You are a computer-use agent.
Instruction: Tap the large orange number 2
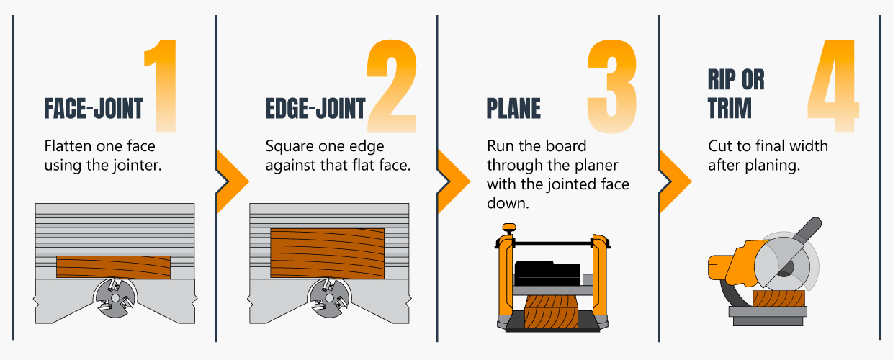click(392, 86)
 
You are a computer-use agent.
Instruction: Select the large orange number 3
click(612, 86)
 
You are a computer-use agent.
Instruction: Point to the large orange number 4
click(833, 86)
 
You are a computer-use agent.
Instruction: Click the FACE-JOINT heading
click(94, 109)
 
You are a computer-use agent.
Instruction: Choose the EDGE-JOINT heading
click(315, 109)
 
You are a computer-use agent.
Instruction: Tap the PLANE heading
click(513, 109)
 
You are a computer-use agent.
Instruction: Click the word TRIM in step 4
click(730, 108)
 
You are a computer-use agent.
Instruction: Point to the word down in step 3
click(508, 203)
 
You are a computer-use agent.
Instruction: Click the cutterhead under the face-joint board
click(115, 298)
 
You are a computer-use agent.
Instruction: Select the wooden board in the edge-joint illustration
click(327, 253)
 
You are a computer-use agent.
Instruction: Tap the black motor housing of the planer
click(547, 273)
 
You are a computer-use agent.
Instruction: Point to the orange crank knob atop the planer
click(509, 228)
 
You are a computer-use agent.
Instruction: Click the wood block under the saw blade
click(779, 299)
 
